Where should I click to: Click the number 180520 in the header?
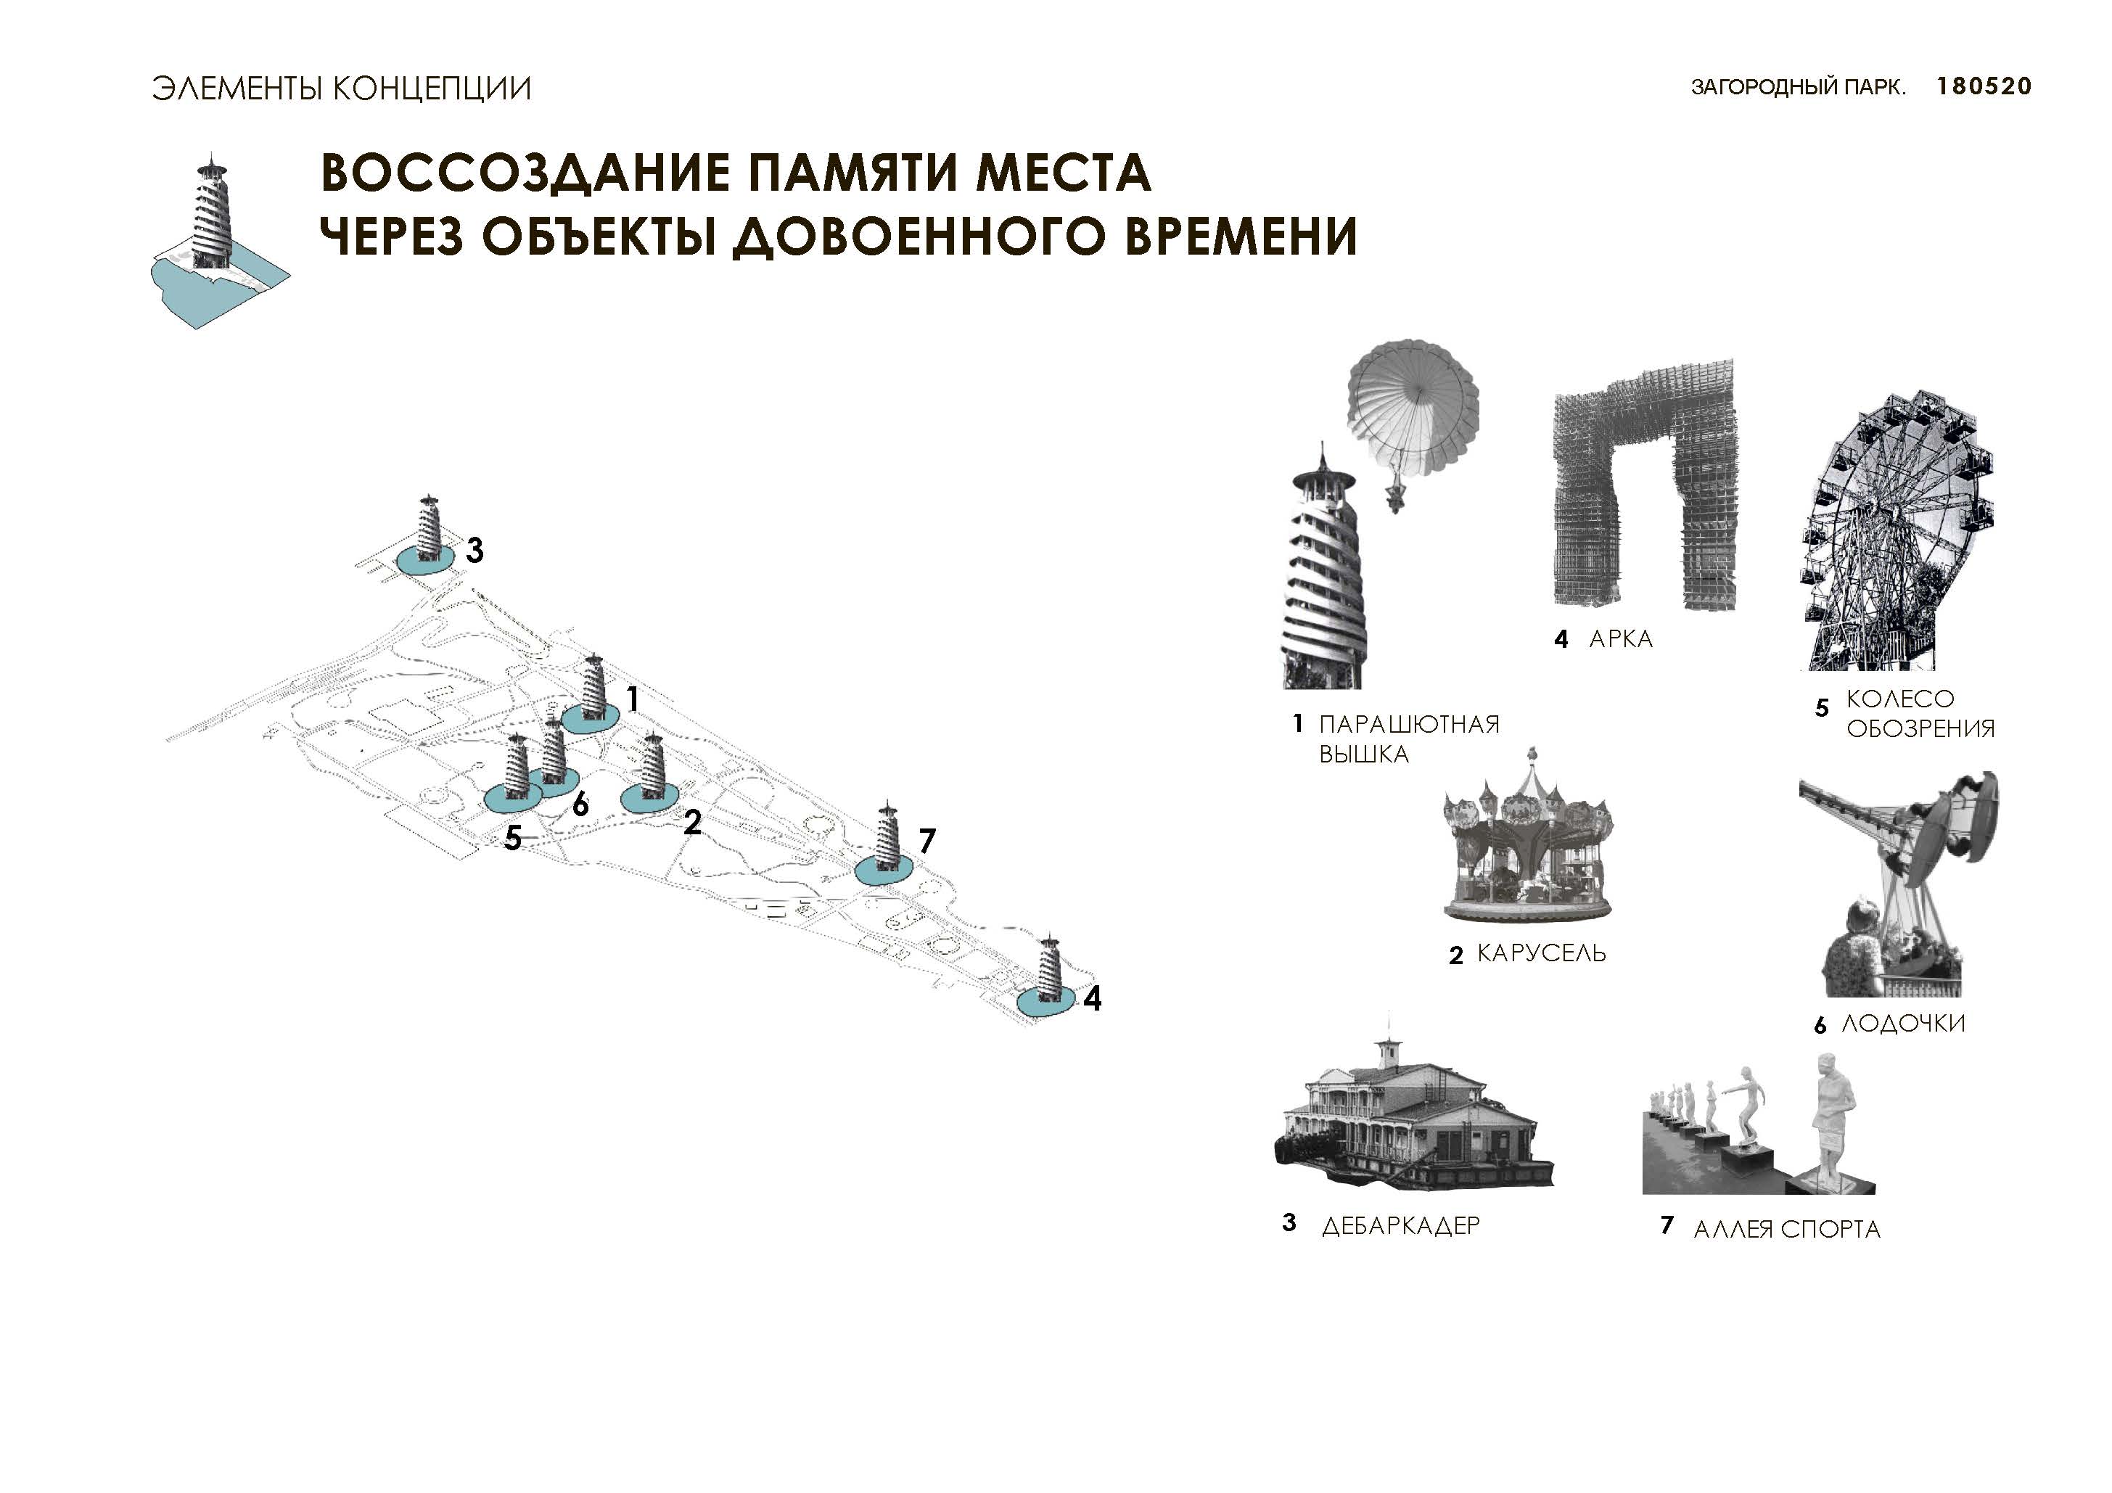[x=1984, y=86]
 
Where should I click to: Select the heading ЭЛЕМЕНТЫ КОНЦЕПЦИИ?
[x=341, y=89]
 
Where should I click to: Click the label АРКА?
[x=1620, y=639]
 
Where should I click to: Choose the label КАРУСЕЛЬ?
[x=1541, y=953]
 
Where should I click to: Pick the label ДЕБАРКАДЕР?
[x=1400, y=1226]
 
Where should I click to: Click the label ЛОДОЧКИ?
[x=1902, y=1023]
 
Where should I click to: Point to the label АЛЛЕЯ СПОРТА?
[x=1786, y=1229]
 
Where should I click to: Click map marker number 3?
[x=474, y=550]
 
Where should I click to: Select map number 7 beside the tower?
[x=926, y=840]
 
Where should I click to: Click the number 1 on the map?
[x=632, y=700]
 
